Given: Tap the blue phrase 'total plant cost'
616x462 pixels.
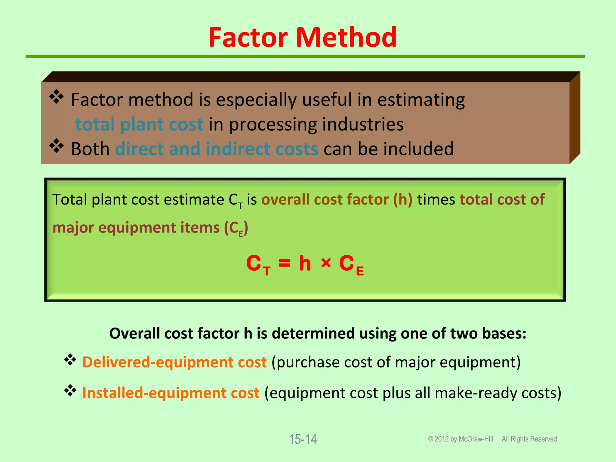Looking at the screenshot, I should [139, 124].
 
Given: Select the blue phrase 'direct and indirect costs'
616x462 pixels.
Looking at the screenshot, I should [217, 149].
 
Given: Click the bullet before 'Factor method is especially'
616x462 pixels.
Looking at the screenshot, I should [56, 97].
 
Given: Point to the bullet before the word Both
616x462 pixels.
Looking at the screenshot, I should [56, 146].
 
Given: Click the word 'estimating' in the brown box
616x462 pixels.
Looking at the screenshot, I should [421, 100].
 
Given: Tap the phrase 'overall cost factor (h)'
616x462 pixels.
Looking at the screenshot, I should [337, 199].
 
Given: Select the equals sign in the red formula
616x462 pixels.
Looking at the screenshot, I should [284, 263].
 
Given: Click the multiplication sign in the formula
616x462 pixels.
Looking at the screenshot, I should [326, 263].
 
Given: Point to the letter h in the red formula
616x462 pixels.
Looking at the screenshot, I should [305, 263].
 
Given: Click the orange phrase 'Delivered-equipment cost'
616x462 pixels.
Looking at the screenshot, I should [174, 362].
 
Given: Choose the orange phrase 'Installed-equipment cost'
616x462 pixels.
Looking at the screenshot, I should [171, 393].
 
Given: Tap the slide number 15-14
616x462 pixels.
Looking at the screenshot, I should [303, 439].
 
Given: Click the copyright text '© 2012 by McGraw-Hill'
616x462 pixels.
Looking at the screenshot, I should [460, 439].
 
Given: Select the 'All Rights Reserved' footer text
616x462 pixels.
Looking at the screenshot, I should [529, 439].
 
